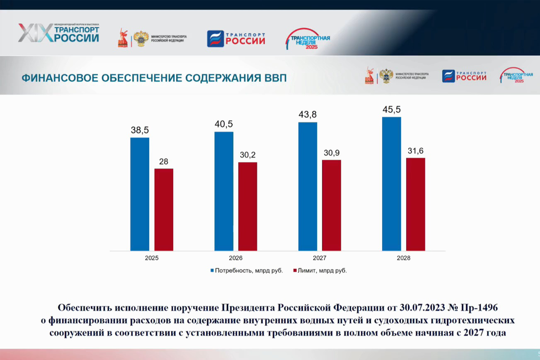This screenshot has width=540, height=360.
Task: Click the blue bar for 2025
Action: click(139, 194)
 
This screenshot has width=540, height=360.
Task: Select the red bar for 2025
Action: click(164, 210)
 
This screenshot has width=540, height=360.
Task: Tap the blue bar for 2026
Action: click(224, 191)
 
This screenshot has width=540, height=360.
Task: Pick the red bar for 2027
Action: click(332, 205)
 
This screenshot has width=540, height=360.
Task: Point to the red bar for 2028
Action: click(415, 204)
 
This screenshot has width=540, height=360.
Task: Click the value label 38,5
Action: click(139, 130)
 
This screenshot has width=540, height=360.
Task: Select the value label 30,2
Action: click(247, 155)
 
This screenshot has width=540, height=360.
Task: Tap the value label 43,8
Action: click(307, 115)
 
